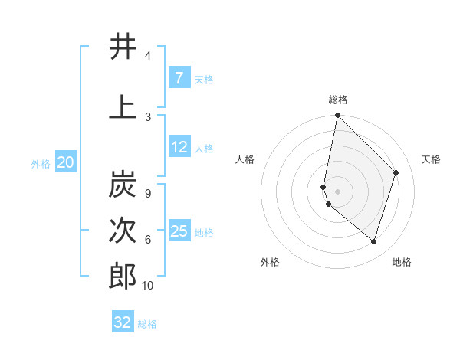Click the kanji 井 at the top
[123, 47]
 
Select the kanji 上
[123, 107]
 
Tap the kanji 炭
[123, 185]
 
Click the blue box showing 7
[179, 78]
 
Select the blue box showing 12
[179, 147]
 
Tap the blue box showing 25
[179, 231]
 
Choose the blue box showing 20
[66, 162]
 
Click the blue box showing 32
[123, 322]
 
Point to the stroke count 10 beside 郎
[148, 286]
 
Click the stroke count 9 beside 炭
[147, 194]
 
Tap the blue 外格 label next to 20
[41, 163]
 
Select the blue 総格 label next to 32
[148, 324]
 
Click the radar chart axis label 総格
[338, 100]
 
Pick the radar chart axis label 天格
[431, 159]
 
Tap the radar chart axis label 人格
[245, 159]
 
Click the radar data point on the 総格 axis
[337, 116]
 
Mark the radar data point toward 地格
[373, 241]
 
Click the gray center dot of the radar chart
[337, 191]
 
